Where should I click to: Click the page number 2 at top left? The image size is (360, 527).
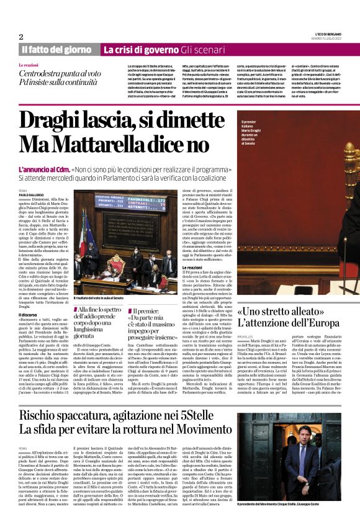(x=20, y=37)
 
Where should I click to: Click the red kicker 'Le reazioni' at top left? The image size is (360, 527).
(x=29, y=65)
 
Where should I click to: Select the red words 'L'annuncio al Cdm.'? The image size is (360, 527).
(x=44, y=169)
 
